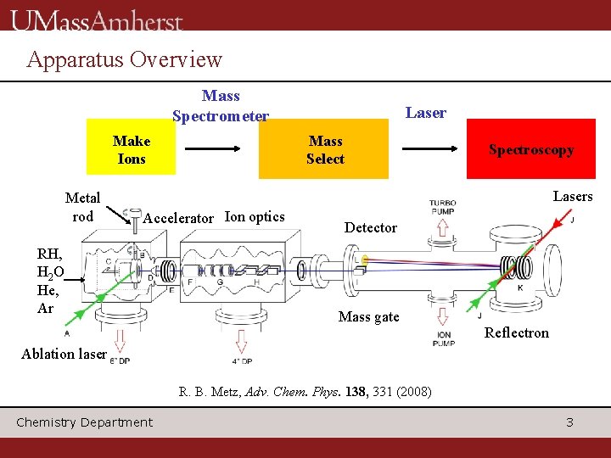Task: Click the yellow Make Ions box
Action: pyautogui.click(x=132, y=150)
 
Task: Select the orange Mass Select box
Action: pyautogui.click(x=324, y=150)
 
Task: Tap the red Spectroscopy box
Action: pyautogui.click(x=530, y=149)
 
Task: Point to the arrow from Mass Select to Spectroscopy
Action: pyautogui.click(x=434, y=150)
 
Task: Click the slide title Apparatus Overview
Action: pyautogui.click(x=124, y=59)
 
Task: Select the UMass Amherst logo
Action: pyautogui.click(x=97, y=20)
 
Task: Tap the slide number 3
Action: pyautogui.click(x=569, y=422)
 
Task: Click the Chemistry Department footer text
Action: pyautogui.click(x=85, y=422)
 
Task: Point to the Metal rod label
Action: pyautogui.click(x=82, y=206)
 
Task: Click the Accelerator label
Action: pyautogui.click(x=179, y=218)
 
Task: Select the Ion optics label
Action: pyautogui.click(x=255, y=216)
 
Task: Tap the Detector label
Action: pyautogui.click(x=371, y=227)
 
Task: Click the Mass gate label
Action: pyautogui.click(x=368, y=316)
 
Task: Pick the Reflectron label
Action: pyautogui.click(x=516, y=332)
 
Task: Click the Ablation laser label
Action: pyautogui.click(x=64, y=354)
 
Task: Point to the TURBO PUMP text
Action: pyautogui.click(x=442, y=208)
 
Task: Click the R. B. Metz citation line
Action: pyautogui.click(x=305, y=393)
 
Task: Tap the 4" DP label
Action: pyautogui.click(x=242, y=360)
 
